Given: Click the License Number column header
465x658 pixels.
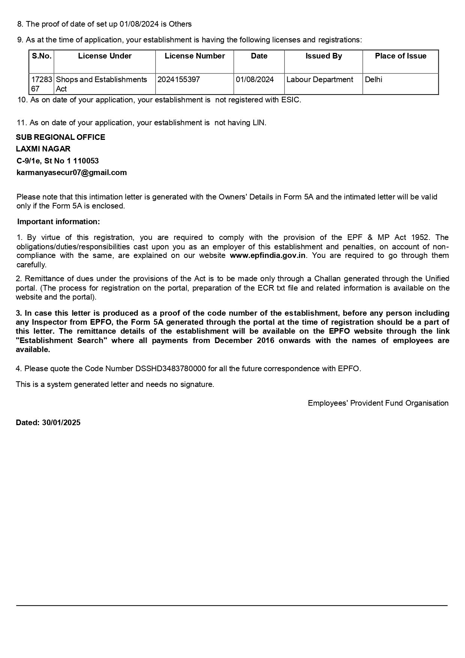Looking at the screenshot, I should click(195, 56).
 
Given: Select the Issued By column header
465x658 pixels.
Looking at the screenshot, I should click(324, 56).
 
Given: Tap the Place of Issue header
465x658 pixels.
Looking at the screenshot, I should click(400, 56).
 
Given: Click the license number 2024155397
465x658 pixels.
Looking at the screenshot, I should click(179, 80).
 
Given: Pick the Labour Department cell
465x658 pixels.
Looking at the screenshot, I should click(320, 80).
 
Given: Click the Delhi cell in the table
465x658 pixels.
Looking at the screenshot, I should click(373, 80).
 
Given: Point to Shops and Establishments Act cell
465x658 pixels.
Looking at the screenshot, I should click(101, 84).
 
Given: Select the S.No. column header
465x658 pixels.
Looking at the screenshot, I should click(42, 56).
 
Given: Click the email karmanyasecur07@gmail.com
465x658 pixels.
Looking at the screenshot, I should click(72, 173).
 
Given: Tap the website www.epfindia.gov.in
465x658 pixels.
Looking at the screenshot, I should click(268, 256).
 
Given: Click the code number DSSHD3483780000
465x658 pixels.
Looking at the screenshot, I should click(171, 369).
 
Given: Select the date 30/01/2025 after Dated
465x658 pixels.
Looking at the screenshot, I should click(61, 423).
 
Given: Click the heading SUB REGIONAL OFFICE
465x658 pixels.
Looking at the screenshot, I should click(60, 138).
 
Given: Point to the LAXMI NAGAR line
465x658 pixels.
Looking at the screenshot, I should click(43, 149).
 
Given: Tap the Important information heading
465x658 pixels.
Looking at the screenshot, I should click(58, 222).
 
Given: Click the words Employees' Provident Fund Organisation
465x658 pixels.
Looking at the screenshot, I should click(378, 403).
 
